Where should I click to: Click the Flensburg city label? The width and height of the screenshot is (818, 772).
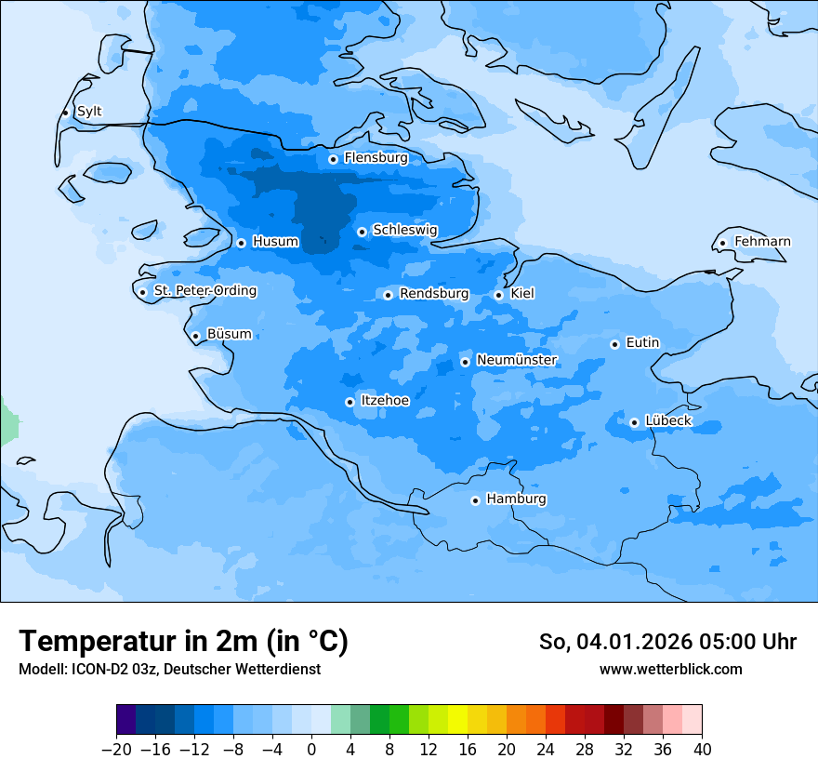(x=376, y=158)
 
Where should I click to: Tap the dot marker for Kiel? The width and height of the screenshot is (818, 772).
(x=499, y=295)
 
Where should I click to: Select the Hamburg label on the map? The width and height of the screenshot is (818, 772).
(x=516, y=499)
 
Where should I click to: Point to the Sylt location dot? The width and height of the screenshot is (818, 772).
(x=66, y=113)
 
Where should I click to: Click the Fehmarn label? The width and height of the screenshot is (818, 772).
(x=762, y=242)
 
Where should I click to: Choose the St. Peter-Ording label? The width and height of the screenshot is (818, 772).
(x=204, y=291)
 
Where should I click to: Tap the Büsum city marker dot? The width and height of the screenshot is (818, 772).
(x=195, y=336)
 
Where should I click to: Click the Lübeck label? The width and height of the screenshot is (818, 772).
(x=667, y=421)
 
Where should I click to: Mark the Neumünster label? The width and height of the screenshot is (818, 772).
(x=517, y=360)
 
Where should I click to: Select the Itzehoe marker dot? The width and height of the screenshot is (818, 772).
(x=350, y=402)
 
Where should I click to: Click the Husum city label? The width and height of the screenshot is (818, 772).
(x=275, y=242)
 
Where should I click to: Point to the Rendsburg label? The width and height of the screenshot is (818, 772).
(x=434, y=294)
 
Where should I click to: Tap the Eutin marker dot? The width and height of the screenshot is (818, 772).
(x=614, y=344)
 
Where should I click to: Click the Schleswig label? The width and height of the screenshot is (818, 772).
(x=404, y=230)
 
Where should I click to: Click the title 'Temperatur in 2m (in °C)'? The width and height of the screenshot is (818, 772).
(x=183, y=642)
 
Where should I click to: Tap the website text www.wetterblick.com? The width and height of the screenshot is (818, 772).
(x=670, y=670)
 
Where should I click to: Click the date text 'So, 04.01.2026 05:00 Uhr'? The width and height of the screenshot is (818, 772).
(x=667, y=642)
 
